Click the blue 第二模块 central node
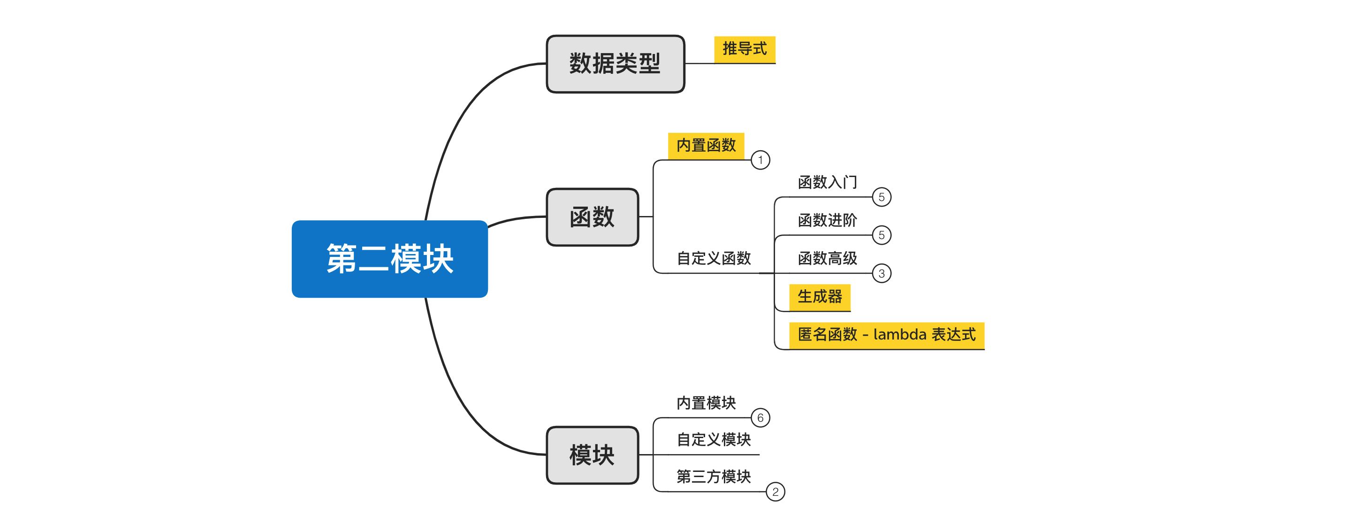tap(389, 259)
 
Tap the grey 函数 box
tap(592, 217)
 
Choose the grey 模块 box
tap(592, 455)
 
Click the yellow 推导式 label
tap(744, 49)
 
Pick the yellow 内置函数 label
tap(706, 145)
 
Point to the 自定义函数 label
tap(713, 258)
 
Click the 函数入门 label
tap(827, 182)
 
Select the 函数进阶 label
tap(827, 220)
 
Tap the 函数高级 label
tap(827, 258)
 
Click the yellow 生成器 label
tap(820, 296)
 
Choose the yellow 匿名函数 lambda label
tap(886, 334)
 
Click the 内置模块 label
tap(706, 402)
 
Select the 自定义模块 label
tap(713, 440)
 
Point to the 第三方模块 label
tap(713, 476)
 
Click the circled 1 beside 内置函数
tap(760, 160)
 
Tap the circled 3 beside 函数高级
tap(882, 273)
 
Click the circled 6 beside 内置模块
tap(760, 418)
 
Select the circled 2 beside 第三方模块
tap(775, 492)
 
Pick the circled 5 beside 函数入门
tap(882, 197)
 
